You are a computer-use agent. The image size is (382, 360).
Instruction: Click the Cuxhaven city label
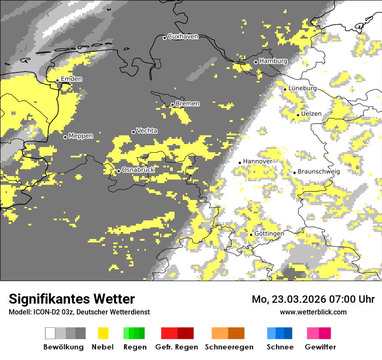pos(183,36)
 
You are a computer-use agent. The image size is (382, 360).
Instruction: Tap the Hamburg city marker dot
pos(256,62)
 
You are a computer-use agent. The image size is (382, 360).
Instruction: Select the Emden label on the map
pos(71,79)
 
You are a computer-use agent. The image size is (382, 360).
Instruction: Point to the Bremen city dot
pos(172,105)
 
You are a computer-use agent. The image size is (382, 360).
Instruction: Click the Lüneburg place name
pos(303,88)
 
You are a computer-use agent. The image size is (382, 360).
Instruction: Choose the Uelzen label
pos(311,114)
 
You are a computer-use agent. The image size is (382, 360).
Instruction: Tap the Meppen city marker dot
pos(65,137)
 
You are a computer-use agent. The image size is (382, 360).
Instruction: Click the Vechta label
pos(147,131)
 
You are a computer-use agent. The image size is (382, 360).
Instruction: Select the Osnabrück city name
pos(138,170)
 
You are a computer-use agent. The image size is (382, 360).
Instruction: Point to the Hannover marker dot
pos(240,163)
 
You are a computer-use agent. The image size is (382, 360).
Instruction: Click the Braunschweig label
pos(319,171)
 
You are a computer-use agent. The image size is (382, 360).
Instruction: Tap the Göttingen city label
pos(269,233)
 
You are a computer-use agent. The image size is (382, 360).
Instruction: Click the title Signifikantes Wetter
pos(72,299)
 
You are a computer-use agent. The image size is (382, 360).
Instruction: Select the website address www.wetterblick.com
pos(313,312)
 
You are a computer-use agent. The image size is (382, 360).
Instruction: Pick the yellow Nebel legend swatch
pos(103,333)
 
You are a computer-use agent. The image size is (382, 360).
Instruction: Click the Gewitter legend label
pos(320,347)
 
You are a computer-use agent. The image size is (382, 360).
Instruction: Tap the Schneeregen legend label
pos(229,347)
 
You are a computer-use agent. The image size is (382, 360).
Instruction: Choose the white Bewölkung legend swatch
pos(50,333)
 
